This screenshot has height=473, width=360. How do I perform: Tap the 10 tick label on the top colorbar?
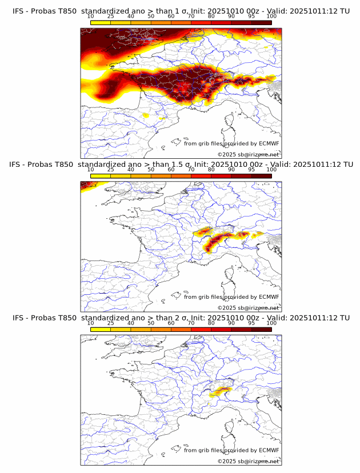[91, 17]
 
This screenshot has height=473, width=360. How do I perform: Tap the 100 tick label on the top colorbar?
[271, 17]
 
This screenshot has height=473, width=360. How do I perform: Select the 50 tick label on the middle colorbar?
[151, 170]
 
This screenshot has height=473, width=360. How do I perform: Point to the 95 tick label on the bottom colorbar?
[251, 323]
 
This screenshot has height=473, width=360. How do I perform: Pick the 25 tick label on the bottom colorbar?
[111, 323]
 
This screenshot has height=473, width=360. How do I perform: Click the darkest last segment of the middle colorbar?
[262, 177]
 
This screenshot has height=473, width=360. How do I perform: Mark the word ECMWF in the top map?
[269, 143]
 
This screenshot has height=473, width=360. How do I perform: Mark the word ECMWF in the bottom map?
[269, 450]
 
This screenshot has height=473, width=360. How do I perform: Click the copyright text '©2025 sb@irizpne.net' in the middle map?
[248, 308]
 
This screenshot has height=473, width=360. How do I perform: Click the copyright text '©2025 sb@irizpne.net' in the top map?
[248, 155]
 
